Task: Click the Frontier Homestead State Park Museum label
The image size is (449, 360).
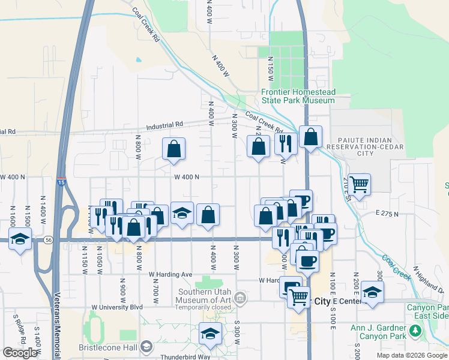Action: (x=298, y=97)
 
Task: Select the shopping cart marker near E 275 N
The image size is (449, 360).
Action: (x=359, y=184)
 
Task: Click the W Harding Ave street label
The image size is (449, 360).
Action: (x=170, y=274)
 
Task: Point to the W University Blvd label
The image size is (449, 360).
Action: (x=117, y=307)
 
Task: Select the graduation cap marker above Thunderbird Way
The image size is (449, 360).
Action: (x=211, y=333)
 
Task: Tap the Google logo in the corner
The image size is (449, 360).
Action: (x=20, y=352)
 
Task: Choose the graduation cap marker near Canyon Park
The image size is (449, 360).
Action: (x=373, y=292)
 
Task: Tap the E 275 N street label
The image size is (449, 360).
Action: (x=387, y=213)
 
